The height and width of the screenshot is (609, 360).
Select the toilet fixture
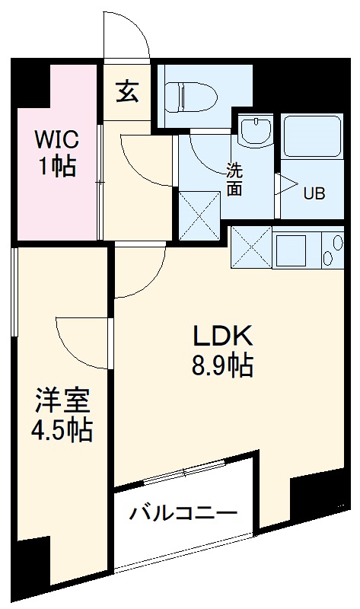tap(190, 97)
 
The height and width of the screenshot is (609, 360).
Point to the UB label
tap(314, 193)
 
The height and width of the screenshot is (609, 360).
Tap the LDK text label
tap(221, 336)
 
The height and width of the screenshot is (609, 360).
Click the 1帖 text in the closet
tap(57, 167)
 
